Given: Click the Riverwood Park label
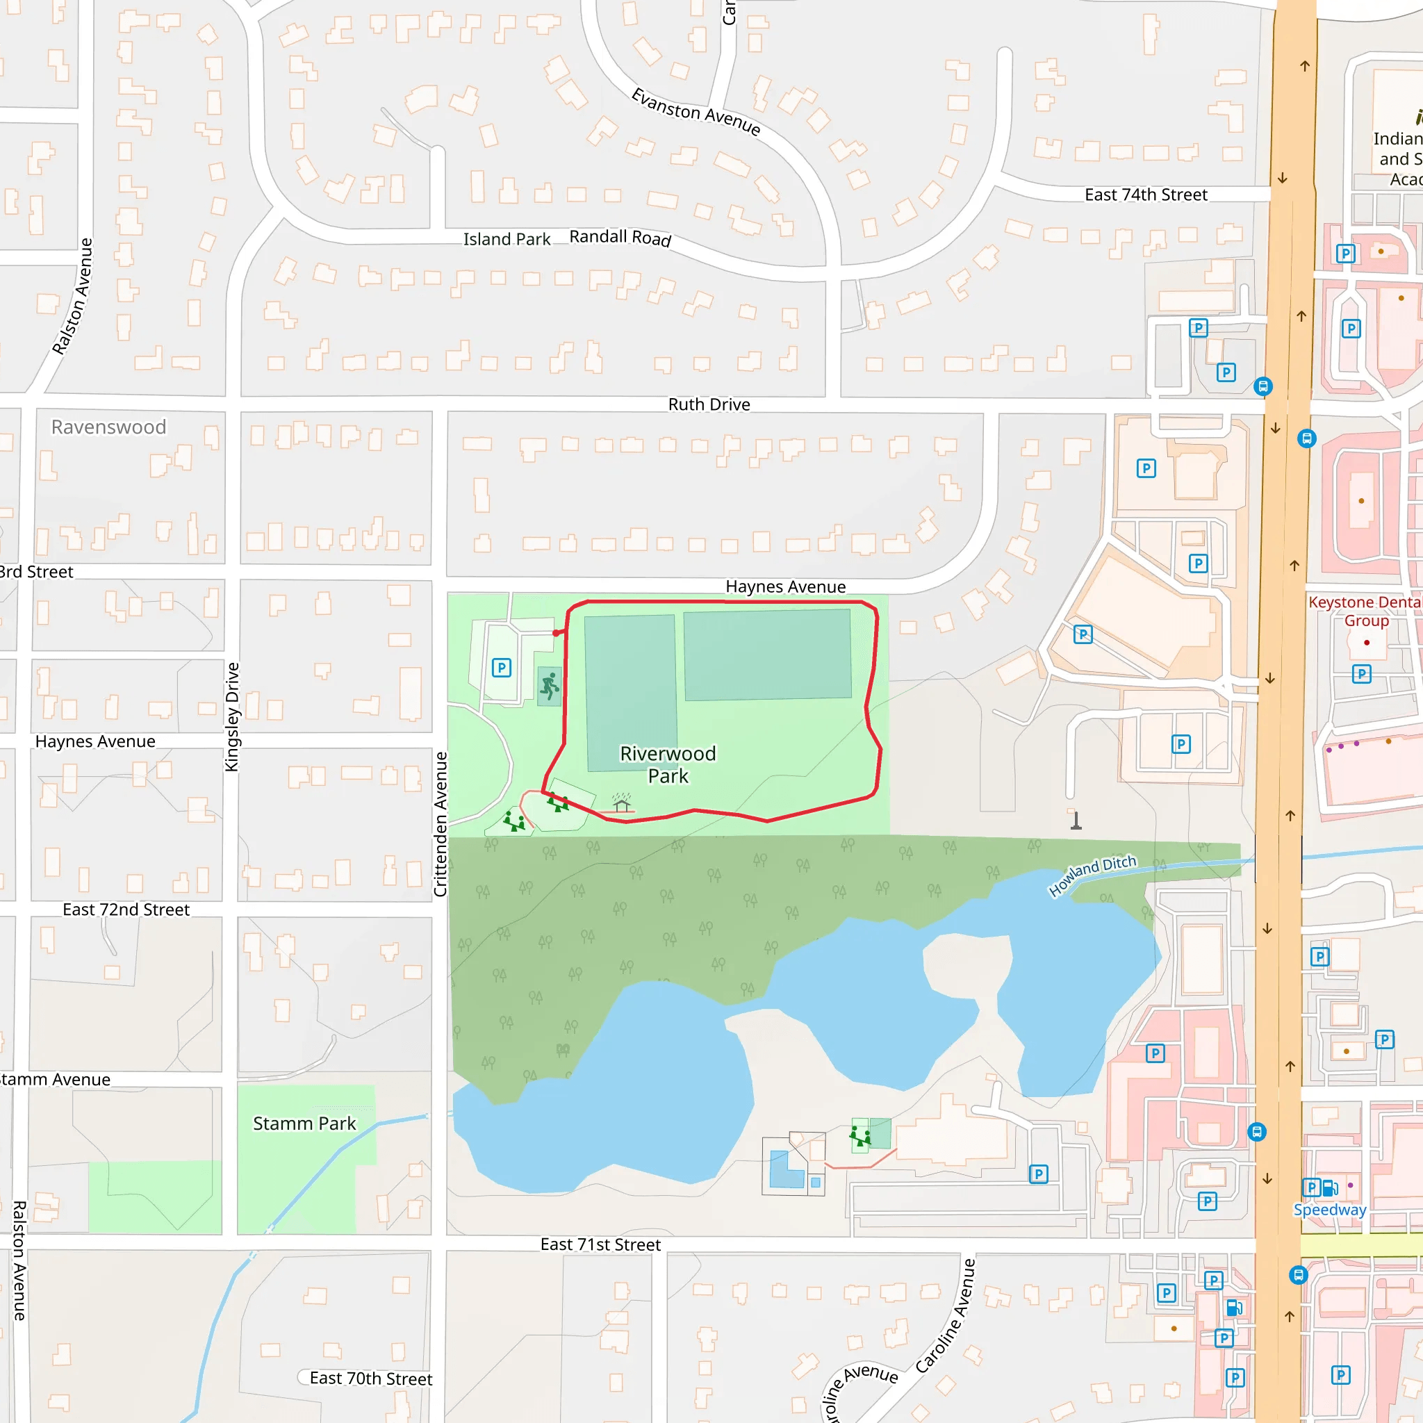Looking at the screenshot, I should point(667,764).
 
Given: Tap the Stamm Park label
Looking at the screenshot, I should point(304,1124).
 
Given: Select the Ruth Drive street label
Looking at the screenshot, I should point(709,404).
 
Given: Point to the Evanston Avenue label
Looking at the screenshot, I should point(696,111).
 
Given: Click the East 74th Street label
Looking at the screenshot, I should point(1145,195).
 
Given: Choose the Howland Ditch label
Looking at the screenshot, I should point(1092,875).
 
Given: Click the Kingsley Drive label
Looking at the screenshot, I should point(232,716).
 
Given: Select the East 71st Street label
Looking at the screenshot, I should point(600,1244).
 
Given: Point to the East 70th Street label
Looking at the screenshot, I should point(370,1378).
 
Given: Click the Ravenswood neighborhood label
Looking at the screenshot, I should point(108,427).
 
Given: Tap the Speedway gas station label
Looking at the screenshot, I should point(1329,1210).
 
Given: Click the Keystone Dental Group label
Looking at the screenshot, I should point(1365,611).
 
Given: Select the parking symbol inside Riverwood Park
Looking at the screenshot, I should point(502,668).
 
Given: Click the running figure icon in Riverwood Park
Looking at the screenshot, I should point(550,686).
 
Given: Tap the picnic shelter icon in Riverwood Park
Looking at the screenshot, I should point(622,802).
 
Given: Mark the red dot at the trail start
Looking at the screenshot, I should point(556,633).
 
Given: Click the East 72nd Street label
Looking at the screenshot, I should point(126,910).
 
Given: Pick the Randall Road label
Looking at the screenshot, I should point(620,237).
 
